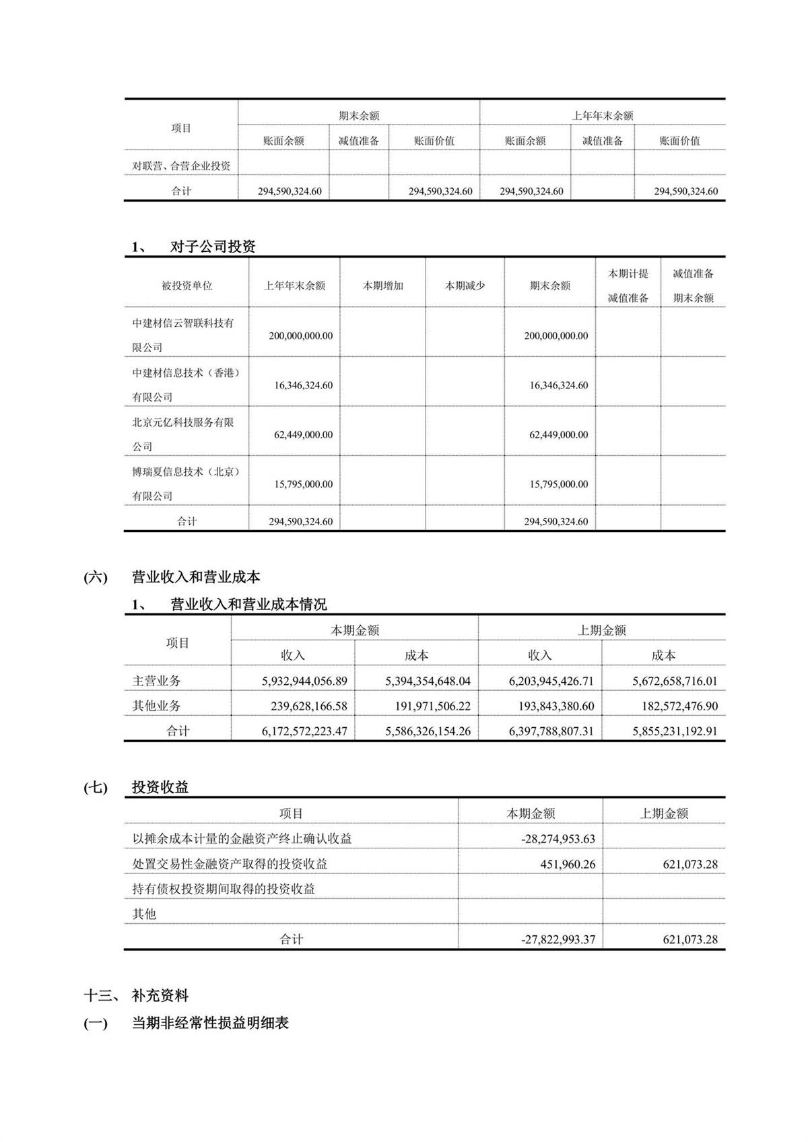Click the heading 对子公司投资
pos(213,246)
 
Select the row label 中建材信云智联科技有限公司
pos(183,335)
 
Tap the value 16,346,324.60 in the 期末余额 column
pos(558,385)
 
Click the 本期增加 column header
pos(382,285)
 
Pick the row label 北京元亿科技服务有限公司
pos(183,434)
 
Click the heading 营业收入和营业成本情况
pos(248,604)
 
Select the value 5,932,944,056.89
pos(304,681)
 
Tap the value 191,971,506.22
pos(428,706)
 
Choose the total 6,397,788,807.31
pos(551,731)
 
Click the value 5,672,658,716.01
pos(675,681)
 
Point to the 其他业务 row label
pos(156,706)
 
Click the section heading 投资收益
pos(160,787)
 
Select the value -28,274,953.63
pos(558,839)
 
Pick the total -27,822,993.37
pos(558,939)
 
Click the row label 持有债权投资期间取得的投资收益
pos(224,889)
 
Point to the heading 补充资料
pos(160,995)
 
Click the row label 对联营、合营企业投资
pos(181,166)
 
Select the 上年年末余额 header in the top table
pos(602,115)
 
